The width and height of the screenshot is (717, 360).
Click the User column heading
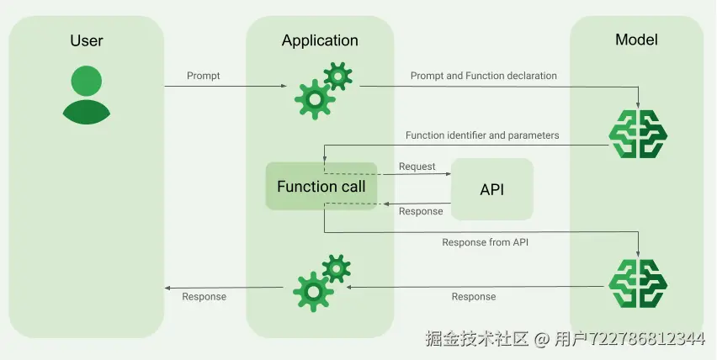87,40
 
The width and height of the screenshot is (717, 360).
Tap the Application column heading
320,40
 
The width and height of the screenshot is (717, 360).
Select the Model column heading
636,40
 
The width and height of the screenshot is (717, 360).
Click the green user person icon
87,93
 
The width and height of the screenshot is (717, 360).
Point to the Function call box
321,187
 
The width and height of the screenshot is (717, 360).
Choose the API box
491,189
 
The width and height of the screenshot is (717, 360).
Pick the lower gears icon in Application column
321,283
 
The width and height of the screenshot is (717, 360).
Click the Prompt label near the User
204,76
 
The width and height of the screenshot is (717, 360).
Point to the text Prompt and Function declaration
483,76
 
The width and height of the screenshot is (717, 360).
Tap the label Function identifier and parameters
482,135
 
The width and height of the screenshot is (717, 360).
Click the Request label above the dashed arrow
417,167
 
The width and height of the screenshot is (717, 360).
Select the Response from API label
486,242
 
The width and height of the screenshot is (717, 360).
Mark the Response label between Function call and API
420,211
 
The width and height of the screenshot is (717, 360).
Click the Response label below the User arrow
204,296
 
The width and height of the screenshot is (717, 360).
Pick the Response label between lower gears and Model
474,296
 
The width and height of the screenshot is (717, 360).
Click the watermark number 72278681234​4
637,339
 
